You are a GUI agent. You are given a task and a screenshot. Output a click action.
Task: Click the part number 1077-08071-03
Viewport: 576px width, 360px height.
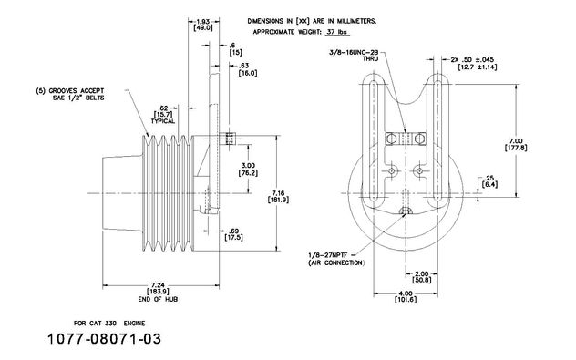pos(104,339)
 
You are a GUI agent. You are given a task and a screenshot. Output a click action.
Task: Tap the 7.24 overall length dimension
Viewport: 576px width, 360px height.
pos(158,284)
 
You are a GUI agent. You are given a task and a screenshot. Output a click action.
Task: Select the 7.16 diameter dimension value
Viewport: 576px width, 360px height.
pos(278,193)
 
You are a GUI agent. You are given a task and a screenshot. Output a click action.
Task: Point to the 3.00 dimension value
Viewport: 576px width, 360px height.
pos(248,166)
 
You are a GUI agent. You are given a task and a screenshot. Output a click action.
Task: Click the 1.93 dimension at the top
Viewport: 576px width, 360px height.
pos(203,22)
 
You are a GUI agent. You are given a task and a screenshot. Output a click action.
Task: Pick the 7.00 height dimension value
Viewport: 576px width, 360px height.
pos(516,141)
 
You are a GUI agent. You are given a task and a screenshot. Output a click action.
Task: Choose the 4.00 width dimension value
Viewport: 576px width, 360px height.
pos(406,293)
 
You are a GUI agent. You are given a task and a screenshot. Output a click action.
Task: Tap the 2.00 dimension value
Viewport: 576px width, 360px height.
pos(421,273)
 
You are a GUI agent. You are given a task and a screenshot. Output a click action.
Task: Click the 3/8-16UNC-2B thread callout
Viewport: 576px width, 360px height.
pos(354,53)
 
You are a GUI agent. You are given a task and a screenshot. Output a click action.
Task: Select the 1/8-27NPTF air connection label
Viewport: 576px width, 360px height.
pos(330,254)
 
